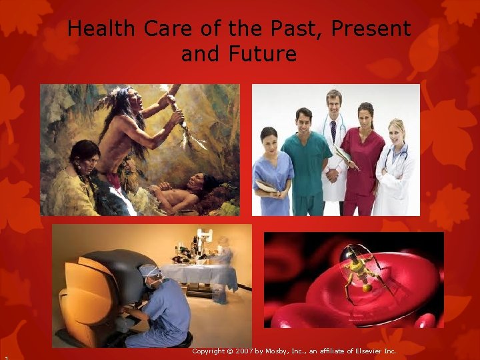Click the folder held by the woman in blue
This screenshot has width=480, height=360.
point(266,187)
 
